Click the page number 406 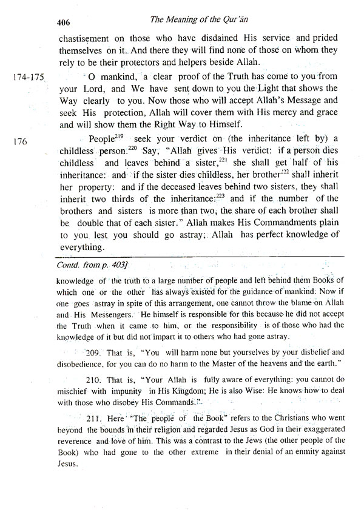pyautogui.click(x=64, y=21)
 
